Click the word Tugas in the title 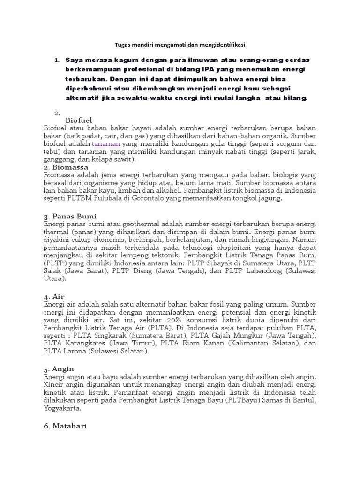[123, 45]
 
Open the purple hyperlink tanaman [106, 143]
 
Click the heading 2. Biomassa [62, 167]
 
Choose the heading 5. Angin [59, 369]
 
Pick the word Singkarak [110, 337]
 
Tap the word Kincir [53, 384]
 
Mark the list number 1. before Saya [57, 60]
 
